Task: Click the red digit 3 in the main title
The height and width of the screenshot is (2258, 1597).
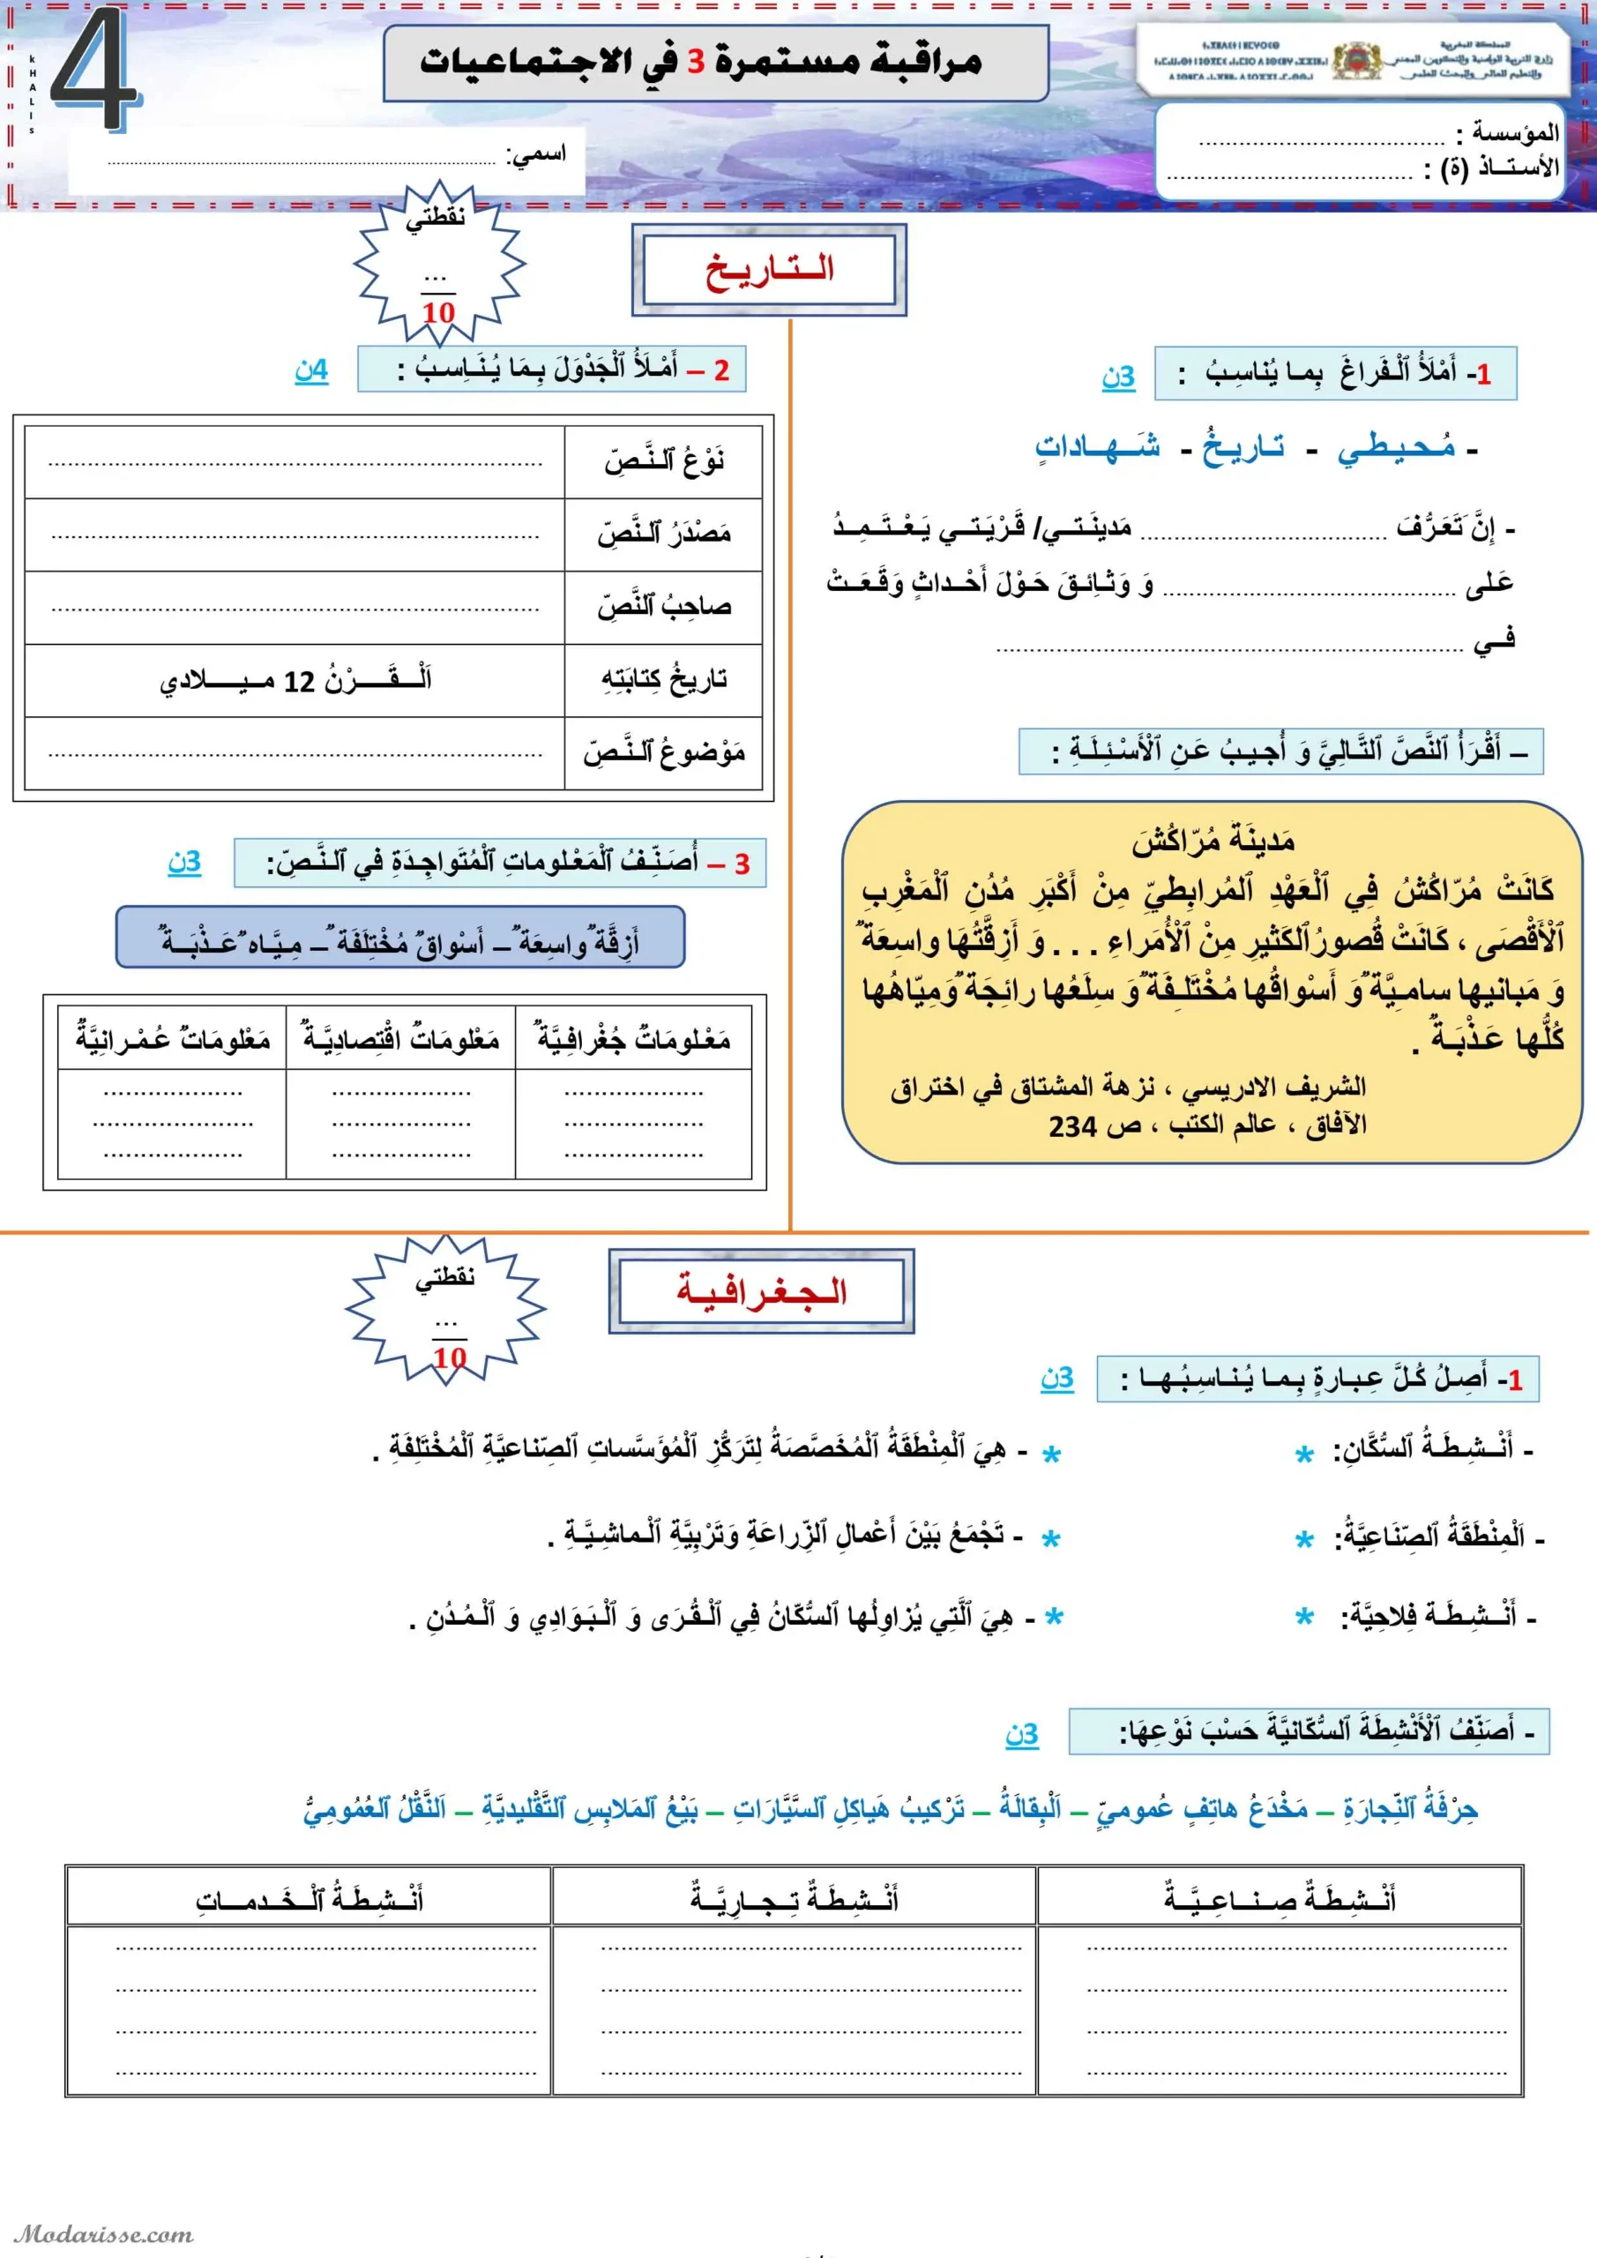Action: tap(695, 62)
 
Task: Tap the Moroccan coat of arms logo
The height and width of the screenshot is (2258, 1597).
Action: tap(1357, 61)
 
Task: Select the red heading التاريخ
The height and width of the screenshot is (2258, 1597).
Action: tap(768, 268)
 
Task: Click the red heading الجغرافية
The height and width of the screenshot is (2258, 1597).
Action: tap(761, 1291)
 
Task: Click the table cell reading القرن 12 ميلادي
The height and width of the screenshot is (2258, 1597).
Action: tap(295, 681)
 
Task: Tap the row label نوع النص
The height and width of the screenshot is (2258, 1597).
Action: tap(664, 461)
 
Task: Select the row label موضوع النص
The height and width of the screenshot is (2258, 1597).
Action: tap(664, 753)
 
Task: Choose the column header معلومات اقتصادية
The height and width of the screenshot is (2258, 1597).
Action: tap(400, 1038)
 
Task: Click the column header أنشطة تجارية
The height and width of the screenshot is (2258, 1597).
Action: tap(794, 1897)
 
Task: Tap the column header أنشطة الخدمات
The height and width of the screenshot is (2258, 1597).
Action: tap(309, 1897)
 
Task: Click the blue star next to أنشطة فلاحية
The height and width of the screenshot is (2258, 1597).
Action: tap(1304, 1617)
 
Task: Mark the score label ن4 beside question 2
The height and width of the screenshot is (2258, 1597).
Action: tap(310, 370)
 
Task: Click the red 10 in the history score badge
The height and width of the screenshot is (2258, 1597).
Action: tap(438, 313)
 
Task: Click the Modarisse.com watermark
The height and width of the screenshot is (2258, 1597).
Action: tap(103, 2234)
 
